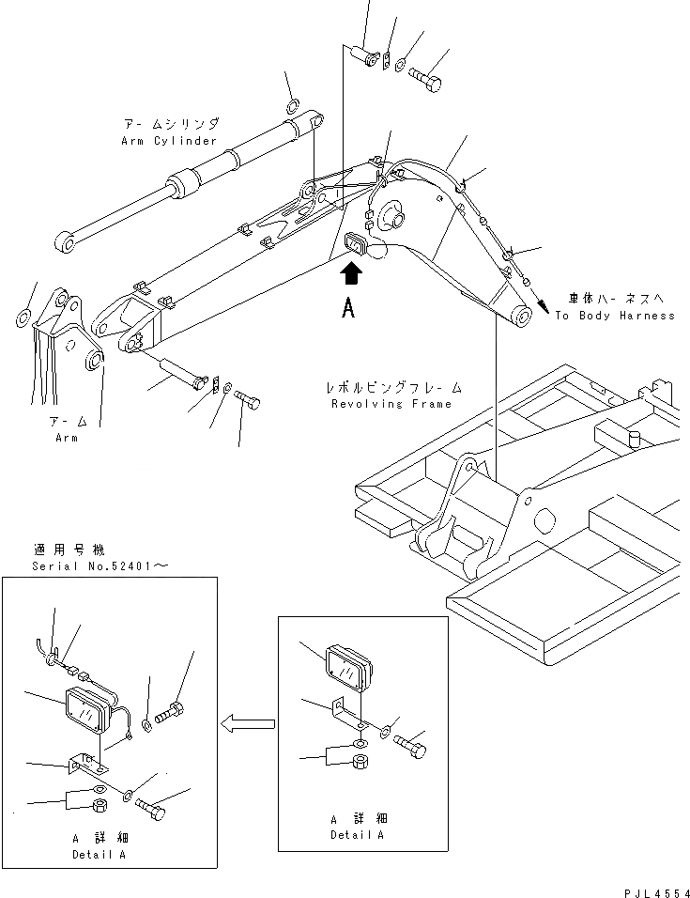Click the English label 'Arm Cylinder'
click(x=169, y=141)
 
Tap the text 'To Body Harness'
click(x=614, y=316)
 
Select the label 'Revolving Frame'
click(x=391, y=404)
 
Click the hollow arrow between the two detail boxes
click(x=249, y=722)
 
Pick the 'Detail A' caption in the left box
click(x=99, y=855)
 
